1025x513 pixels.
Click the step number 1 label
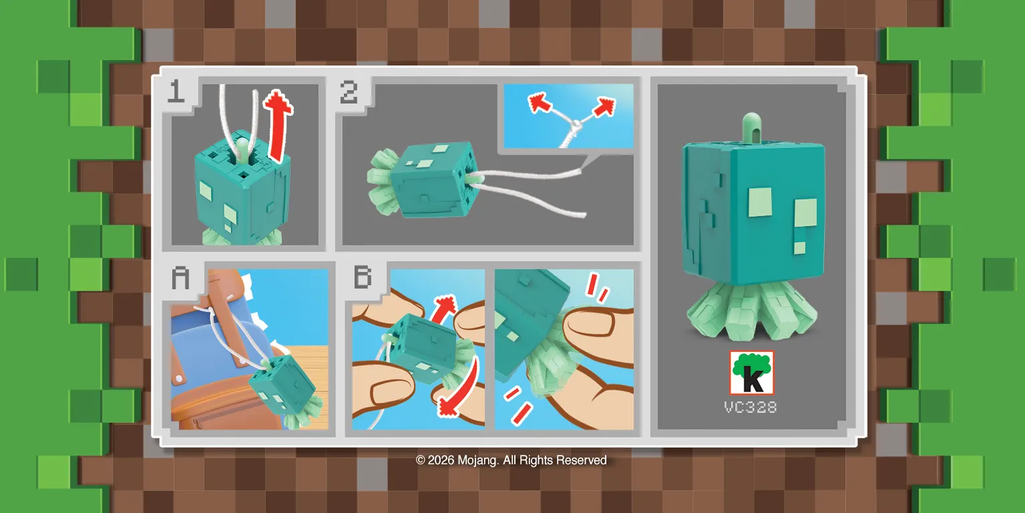point(176,92)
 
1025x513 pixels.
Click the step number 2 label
point(349,92)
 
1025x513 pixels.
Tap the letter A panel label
point(180,277)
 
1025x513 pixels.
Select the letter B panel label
point(362,277)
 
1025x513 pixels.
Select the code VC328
point(751,407)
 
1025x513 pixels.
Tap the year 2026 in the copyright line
point(441,460)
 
